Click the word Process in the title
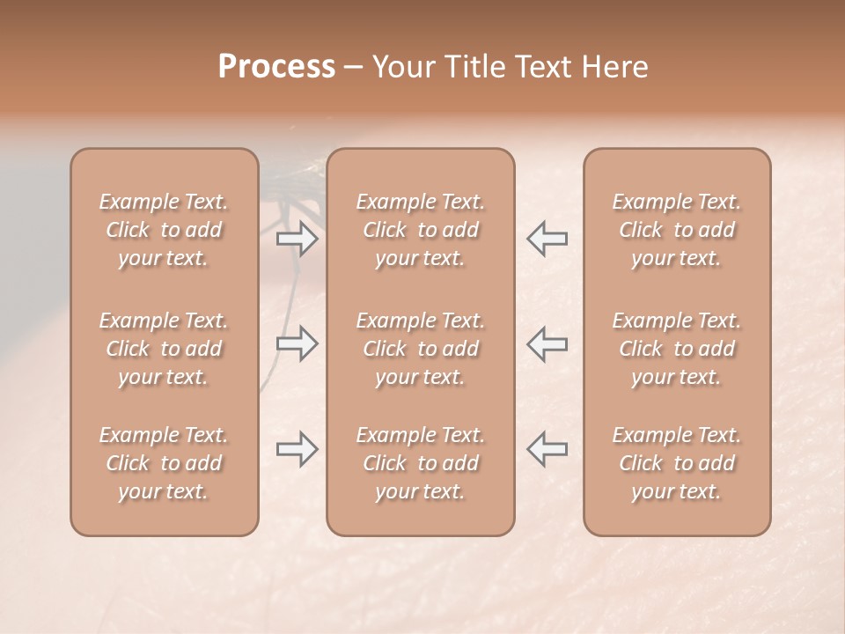(276, 67)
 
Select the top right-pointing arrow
(297, 239)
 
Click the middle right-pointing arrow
(297, 343)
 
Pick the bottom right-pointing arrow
(297, 449)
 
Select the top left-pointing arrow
(547, 239)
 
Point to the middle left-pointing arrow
(547, 343)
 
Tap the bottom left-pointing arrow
(547, 449)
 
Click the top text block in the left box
(164, 230)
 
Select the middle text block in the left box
(164, 349)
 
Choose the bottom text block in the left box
(164, 463)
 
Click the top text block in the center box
(421, 230)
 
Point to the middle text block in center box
(421, 349)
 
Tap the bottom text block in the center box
(421, 463)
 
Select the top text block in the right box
(677, 230)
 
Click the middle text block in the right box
(677, 349)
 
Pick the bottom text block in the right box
(677, 463)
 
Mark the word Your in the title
(401, 67)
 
